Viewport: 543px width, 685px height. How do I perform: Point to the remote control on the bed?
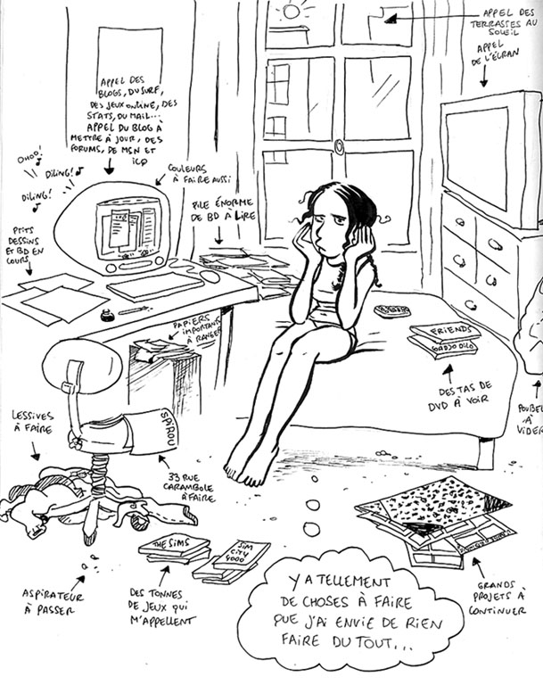(392, 311)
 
